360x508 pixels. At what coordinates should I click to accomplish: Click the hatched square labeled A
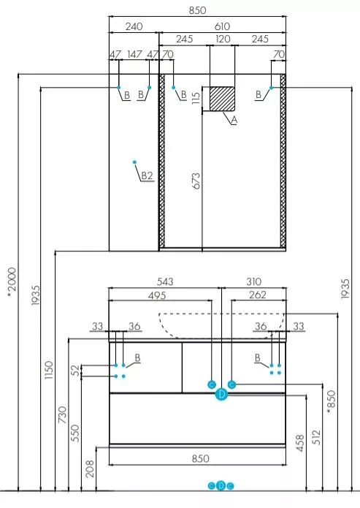[x=222, y=98]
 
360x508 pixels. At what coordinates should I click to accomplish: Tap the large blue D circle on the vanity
[x=221, y=394]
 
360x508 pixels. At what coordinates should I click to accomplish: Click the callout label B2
[x=147, y=175]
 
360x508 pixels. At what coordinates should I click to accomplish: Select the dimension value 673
[x=196, y=181]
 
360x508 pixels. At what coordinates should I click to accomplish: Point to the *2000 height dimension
[x=12, y=282]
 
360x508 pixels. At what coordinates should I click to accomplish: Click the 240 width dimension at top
[x=134, y=26]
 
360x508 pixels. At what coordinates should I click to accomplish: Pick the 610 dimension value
[x=222, y=26]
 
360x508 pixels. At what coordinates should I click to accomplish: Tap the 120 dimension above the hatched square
[x=223, y=39]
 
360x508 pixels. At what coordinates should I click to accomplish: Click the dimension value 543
[x=165, y=281]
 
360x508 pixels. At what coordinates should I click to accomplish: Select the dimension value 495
[x=157, y=295]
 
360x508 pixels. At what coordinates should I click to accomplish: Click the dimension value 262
[x=258, y=295]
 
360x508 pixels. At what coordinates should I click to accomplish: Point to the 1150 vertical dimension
[x=49, y=370]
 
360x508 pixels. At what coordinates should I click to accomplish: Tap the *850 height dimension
[x=331, y=402]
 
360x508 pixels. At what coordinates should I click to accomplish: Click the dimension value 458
[x=300, y=443]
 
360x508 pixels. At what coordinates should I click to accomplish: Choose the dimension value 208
[x=90, y=469]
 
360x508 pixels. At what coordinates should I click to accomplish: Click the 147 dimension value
[x=134, y=54]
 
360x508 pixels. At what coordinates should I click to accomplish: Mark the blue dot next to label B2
[x=134, y=162]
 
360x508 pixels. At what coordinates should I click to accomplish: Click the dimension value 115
[x=196, y=98]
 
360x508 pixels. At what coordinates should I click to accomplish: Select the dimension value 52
[x=75, y=370]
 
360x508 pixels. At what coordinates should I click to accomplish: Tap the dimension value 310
[x=254, y=281]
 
